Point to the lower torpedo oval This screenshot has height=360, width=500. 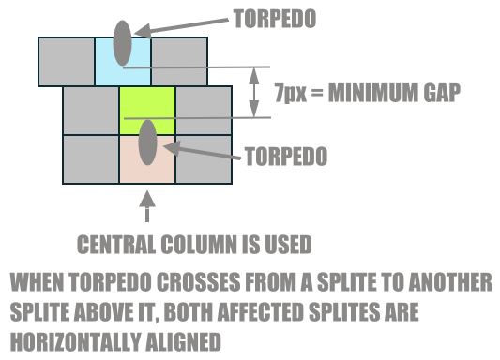tap(147, 142)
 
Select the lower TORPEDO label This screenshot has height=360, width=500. tap(285, 156)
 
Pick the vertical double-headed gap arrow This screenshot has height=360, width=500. tap(253, 92)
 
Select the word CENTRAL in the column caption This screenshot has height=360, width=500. tap(116, 247)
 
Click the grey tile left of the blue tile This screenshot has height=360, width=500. tap(67, 62)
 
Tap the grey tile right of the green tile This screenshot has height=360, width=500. tap(203, 111)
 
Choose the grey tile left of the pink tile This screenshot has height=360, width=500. tap(91, 158)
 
